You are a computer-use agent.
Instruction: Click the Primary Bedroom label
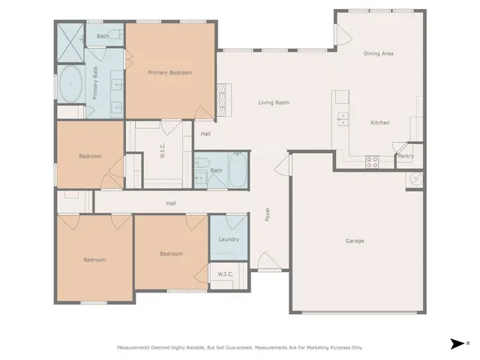pyautogui.click(x=169, y=73)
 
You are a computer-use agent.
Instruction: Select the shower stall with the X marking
pyautogui.click(x=70, y=37)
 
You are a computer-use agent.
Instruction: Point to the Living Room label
pyautogui.click(x=274, y=103)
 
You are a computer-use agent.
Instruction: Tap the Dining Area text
pyautogui.click(x=379, y=54)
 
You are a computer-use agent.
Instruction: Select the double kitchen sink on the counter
pyautogui.click(x=343, y=118)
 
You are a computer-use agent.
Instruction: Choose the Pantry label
pyautogui.click(x=405, y=156)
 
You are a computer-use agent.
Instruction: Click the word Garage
pyautogui.click(x=355, y=241)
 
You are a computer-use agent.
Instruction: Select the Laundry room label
pyautogui.click(x=228, y=239)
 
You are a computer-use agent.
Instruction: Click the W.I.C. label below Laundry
pyautogui.click(x=225, y=274)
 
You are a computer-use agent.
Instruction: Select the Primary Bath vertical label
pyautogui.click(x=95, y=83)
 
